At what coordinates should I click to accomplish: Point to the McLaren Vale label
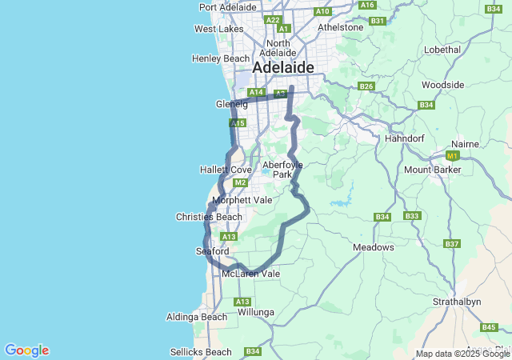click(250, 274)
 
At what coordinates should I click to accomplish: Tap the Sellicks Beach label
click(201, 352)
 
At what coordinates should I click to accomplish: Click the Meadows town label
click(374, 247)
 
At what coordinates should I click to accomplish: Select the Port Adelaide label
click(228, 7)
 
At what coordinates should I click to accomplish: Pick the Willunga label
click(256, 311)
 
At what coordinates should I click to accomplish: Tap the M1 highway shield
click(454, 155)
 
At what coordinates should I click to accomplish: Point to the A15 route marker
click(237, 123)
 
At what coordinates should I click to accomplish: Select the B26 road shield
click(366, 86)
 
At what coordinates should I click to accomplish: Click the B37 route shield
click(452, 243)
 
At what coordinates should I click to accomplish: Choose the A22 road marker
click(273, 20)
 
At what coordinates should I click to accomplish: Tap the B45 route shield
click(489, 327)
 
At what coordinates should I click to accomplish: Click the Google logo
click(26, 350)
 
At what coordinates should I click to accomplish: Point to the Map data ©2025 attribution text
click(462, 354)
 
